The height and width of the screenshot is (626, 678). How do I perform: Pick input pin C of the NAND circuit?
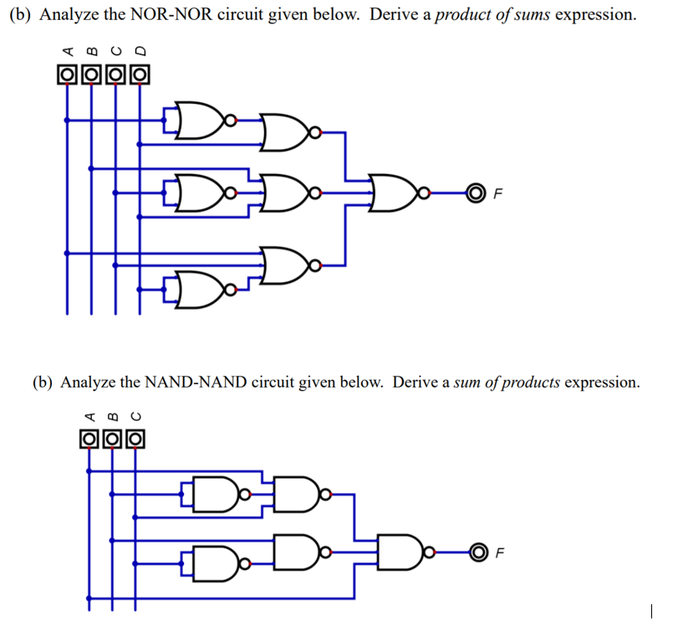tap(137, 438)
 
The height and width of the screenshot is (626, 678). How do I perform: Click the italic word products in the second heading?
tap(528, 382)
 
